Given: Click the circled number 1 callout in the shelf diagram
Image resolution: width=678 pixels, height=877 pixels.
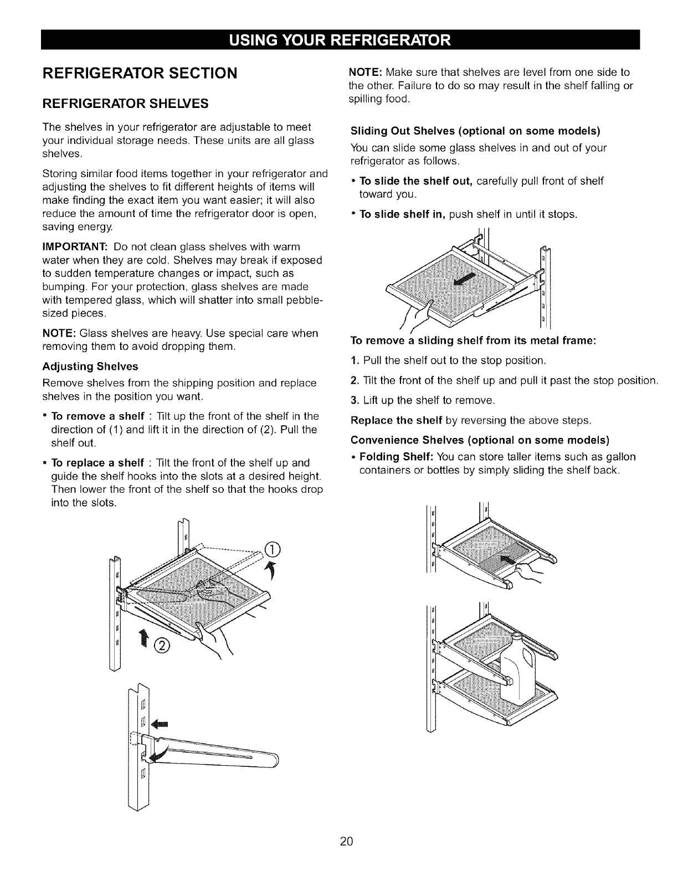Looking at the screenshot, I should point(273,549).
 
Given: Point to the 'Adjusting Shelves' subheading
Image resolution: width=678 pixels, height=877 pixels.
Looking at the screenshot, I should point(90,367).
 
